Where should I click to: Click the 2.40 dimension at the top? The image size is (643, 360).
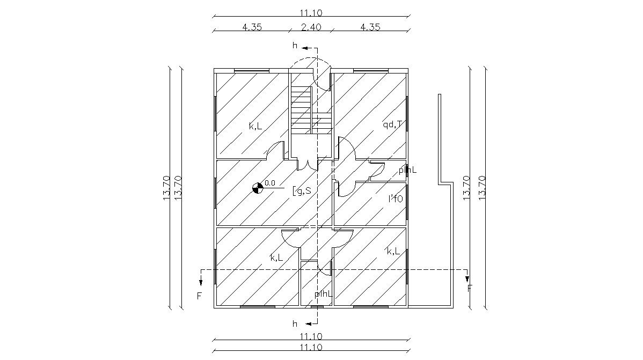[311, 27]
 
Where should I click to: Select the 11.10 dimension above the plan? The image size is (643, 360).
[311, 13]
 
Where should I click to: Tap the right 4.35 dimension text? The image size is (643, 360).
[370, 27]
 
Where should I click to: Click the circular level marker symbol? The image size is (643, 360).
[258, 187]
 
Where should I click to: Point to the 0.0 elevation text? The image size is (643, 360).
[269, 183]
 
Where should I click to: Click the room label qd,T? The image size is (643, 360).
[392, 124]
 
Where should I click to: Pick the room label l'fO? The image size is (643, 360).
[396, 199]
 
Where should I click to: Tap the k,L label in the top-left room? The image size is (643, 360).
[255, 126]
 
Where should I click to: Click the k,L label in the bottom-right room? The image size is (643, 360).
[393, 251]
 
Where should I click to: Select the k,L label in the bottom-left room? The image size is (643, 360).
[276, 258]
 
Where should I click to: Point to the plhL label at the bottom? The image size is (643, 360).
[324, 293]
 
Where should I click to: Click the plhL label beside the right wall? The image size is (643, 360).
[407, 171]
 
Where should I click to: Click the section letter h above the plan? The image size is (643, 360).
[294, 45]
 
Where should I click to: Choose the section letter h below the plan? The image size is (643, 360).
[294, 324]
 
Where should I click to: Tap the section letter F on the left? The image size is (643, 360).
[199, 296]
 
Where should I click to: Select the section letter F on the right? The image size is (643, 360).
[470, 288]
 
